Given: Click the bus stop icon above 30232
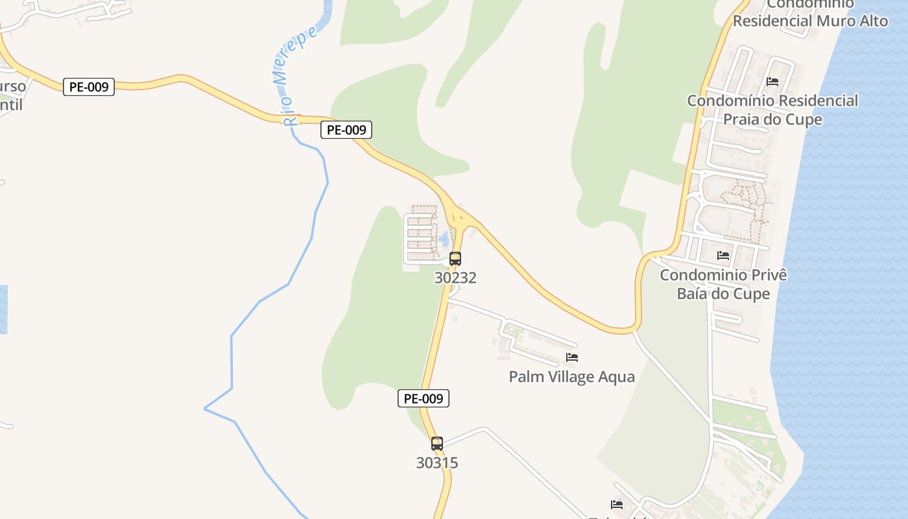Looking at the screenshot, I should click(455, 258).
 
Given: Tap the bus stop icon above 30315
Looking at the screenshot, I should click(437, 444).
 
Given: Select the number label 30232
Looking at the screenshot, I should click(455, 278).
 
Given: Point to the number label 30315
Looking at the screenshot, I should click(437, 463).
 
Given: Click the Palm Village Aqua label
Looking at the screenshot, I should click(571, 376).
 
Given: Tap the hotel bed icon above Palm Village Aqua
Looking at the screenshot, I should click(571, 357).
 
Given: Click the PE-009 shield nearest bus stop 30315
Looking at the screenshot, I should click(423, 398).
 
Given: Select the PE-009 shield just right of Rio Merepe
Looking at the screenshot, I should click(346, 130).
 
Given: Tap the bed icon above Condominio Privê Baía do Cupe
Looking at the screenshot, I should click(723, 256).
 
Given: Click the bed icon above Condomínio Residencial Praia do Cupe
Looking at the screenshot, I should click(772, 82).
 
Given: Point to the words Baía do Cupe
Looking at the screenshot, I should click(723, 294).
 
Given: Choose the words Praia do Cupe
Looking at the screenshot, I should click(772, 119).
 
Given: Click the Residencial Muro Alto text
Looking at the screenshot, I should click(810, 21).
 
